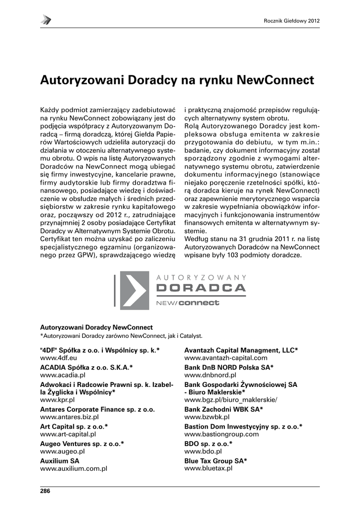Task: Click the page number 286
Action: (x=45, y=491)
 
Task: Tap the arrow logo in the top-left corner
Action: (x=46, y=20)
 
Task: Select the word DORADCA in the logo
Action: (x=201, y=288)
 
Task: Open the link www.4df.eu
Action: (x=58, y=357)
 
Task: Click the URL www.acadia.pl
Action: (x=63, y=375)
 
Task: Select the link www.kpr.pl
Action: (x=57, y=399)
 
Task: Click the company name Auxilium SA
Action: (x=60, y=460)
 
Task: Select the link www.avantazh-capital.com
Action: (x=226, y=357)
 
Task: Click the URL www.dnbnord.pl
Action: (x=210, y=375)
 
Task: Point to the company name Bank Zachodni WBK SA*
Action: (x=223, y=409)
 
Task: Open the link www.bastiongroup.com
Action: (x=221, y=434)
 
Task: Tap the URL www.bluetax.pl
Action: (x=209, y=468)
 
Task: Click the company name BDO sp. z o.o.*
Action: (x=208, y=443)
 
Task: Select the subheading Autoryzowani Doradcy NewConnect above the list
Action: (x=96, y=327)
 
